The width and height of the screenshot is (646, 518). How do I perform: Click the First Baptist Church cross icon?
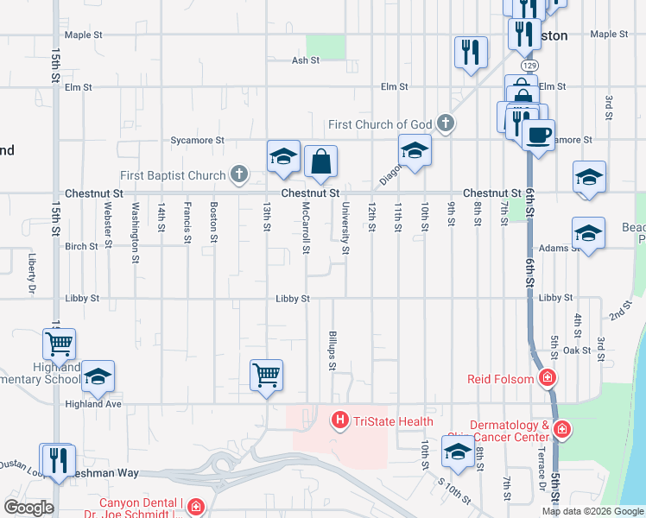[x=239, y=176]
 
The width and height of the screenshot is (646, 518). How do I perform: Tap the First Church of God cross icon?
[x=446, y=124]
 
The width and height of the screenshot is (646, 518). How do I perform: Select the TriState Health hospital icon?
[x=340, y=421]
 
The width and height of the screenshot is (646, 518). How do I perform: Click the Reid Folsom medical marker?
[x=546, y=378]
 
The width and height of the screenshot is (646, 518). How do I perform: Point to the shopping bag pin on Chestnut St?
[x=320, y=162]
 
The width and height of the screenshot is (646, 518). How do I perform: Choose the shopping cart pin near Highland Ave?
[x=266, y=376]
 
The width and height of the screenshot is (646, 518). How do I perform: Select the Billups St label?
[x=332, y=349]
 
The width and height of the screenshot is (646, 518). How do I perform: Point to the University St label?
[x=345, y=229]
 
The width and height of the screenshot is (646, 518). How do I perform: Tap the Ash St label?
[x=306, y=60]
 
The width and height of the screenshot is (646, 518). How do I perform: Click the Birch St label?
[x=82, y=246]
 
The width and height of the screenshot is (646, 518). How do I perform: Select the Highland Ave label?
[x=93, y=403]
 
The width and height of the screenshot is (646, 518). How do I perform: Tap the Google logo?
[x=28, y=508]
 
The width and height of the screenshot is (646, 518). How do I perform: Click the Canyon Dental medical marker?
[x=196, y=505]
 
